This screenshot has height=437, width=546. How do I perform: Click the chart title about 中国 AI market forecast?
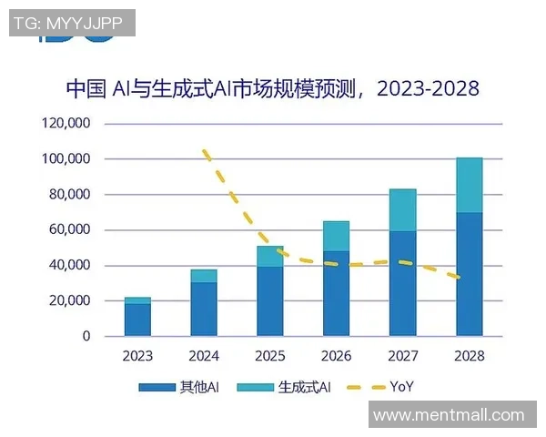click(x=272, y=88)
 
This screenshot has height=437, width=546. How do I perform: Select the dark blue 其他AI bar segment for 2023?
click(x=137, y=320)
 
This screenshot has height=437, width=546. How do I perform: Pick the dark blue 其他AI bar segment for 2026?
click(x=336, y=293)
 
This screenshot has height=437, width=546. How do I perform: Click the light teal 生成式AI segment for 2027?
click(x=402, y=210)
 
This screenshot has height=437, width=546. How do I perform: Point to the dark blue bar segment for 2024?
click(x=204, y=309)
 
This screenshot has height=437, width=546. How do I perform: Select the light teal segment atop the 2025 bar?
click(x=269, y=256)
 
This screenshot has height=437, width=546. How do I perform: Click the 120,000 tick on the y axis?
click(x=66, y=124)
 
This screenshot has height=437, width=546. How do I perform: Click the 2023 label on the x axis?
click(x=137, y=356)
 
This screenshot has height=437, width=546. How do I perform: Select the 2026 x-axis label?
click(x=336, y=356)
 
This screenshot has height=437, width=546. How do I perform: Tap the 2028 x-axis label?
click(x=469, y=356)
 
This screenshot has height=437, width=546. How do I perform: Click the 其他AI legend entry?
click(x=179, y=387)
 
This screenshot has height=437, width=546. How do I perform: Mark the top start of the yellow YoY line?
click(x=205, y=151)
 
